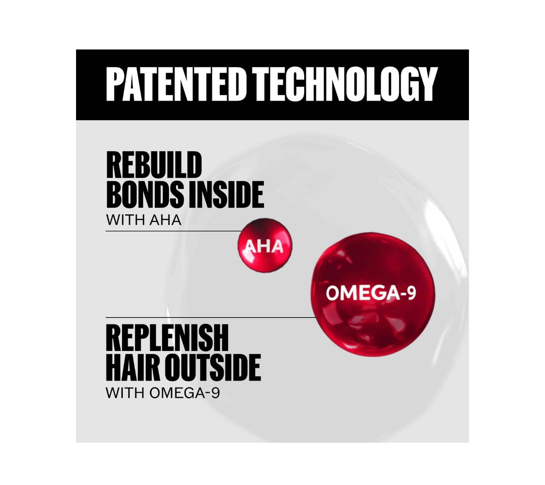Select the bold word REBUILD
[x=154, y=165]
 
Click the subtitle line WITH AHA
[x=144, y=220]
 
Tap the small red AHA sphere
[x=264, y=246]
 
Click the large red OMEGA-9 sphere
[x=375, y=294]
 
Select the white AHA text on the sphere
[x=264, y=247]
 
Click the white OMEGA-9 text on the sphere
[x=371, y=293]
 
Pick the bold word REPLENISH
[x=167, y=337]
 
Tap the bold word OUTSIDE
[x=214, y=367]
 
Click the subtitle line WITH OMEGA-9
[x=163, y=393]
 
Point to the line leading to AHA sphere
[x=173, y=231]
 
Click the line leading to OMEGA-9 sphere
[x=211, y=318]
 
